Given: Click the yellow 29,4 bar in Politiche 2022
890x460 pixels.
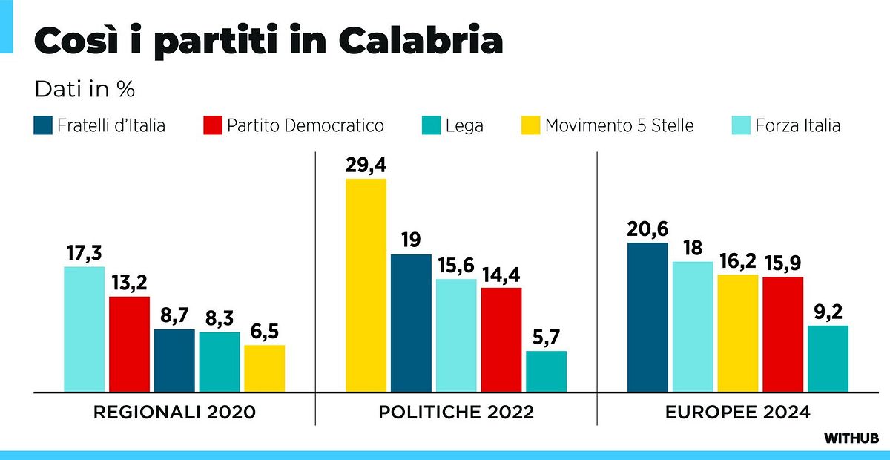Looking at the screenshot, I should click(x=366, y=285).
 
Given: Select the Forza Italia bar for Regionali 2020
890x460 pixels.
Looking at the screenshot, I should click(x=84, y=329).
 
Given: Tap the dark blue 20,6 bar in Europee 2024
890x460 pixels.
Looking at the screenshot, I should click(x=647, y=317).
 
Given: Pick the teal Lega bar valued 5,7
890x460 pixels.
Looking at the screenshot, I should click(x=546, y=371).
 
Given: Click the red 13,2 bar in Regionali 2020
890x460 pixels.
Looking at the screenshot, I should click(x=129, y=344).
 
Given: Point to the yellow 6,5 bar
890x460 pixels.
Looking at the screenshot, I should click(x=264, y=368).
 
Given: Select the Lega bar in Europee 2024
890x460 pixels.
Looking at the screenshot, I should click(x=828, y=358).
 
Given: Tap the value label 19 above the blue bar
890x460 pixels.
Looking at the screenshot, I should click(x=412, y=240).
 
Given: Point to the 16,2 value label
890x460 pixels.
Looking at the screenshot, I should click(x=738, y=260).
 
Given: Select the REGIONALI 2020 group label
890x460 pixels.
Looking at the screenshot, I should click(x=174, y=413).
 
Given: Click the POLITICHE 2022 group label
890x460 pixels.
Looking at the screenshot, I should click(x=456, y=413).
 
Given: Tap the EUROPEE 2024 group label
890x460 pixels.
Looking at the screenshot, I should click(x=738, y=413).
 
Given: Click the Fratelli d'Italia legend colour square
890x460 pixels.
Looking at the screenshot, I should click(x=43, y=125).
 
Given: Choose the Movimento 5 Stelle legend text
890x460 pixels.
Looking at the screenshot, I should click(x=619, y=125).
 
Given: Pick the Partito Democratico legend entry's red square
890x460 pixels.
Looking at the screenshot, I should click(x=213, y=125).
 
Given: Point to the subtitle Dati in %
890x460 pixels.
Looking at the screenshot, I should click(x=84, y=89).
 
